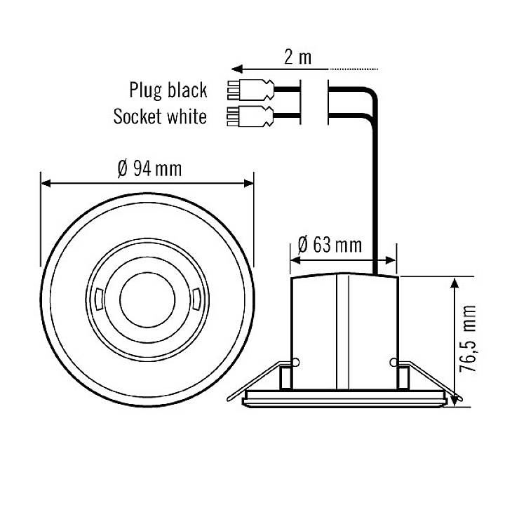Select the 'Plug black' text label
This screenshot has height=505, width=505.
click(168, 90)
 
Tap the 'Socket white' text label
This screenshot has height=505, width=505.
click(160, 116)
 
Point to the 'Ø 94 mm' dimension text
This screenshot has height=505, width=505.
click(148, 169)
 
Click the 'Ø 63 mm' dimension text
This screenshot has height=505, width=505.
click(330, 245)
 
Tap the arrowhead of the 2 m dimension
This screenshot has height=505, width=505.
click(237, 69)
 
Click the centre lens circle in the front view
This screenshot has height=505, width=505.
click(147, 296)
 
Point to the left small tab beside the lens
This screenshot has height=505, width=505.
click(99, 296)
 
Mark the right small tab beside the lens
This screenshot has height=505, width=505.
click(196, 296)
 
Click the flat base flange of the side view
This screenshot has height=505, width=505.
click(344, 400)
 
